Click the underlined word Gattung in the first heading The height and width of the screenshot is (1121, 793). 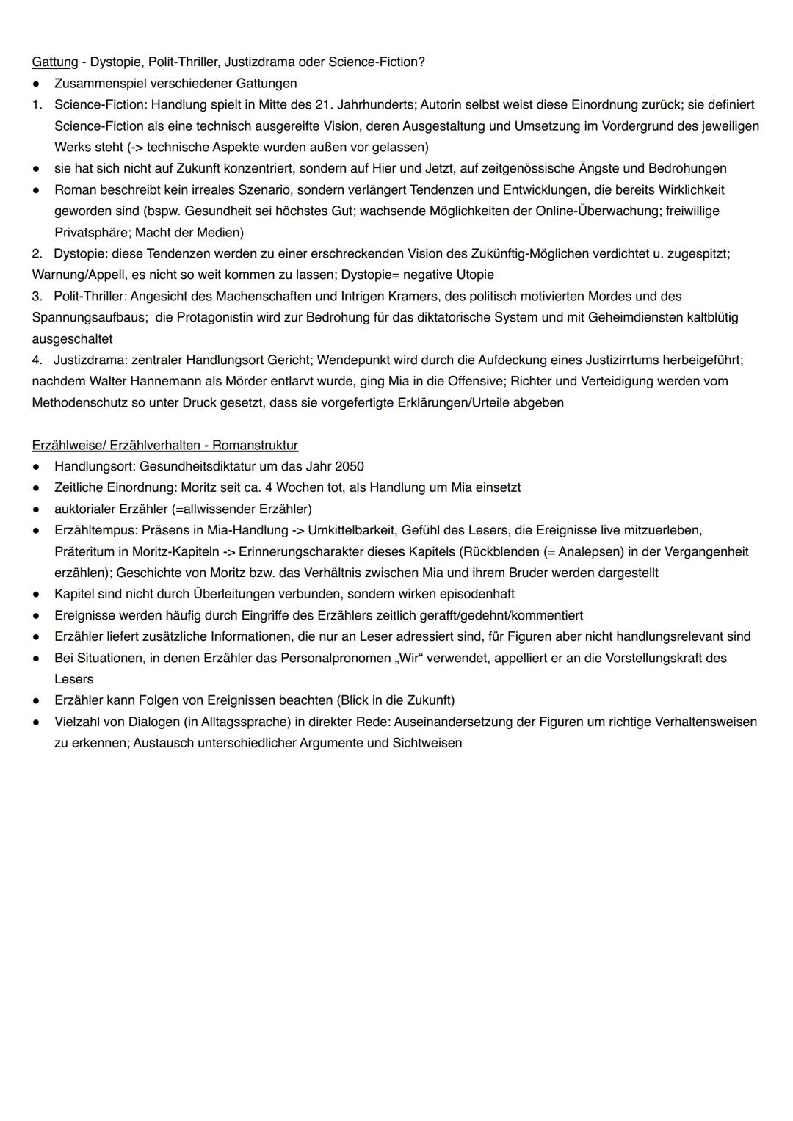pos(55,62)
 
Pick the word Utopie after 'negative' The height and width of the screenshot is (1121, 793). pos(474,275)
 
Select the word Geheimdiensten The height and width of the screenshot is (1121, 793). pos(638,317)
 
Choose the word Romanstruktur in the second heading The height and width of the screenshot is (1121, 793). pos(255,445)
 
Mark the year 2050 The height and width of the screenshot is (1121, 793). pos(349,466)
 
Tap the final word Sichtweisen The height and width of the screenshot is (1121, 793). pos(427,743)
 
